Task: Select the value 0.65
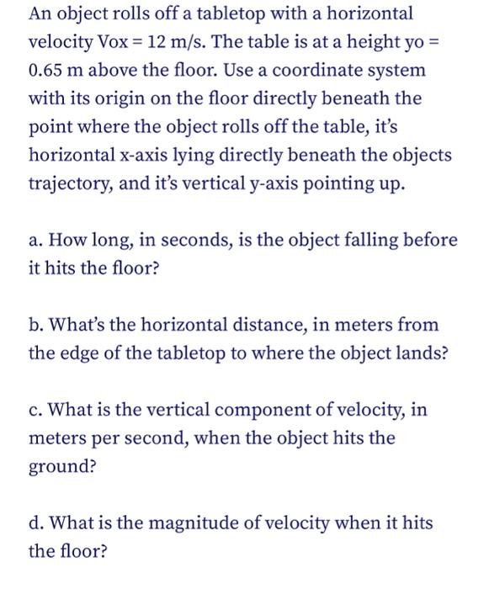pos(49,70)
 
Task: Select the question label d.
pos(36,523)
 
